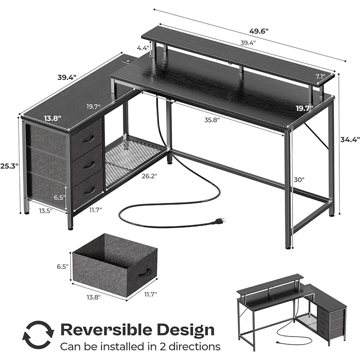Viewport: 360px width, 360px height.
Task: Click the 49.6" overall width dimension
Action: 259,31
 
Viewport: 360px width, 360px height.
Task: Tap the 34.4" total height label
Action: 350,139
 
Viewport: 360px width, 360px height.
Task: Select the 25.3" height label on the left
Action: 9,166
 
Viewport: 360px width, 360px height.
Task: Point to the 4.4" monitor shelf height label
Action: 143,48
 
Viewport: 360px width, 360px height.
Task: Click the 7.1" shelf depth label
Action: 320,76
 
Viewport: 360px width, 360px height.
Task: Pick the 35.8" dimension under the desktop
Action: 212,120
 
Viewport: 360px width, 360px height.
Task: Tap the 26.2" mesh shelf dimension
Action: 149,176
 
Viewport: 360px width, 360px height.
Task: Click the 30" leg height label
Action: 299,180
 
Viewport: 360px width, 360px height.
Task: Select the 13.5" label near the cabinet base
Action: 46,211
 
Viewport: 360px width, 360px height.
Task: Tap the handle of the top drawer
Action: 88,139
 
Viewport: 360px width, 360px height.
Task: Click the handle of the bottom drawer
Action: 89,191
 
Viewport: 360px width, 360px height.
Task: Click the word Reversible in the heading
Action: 105,330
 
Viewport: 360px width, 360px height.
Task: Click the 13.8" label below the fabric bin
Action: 94,297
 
